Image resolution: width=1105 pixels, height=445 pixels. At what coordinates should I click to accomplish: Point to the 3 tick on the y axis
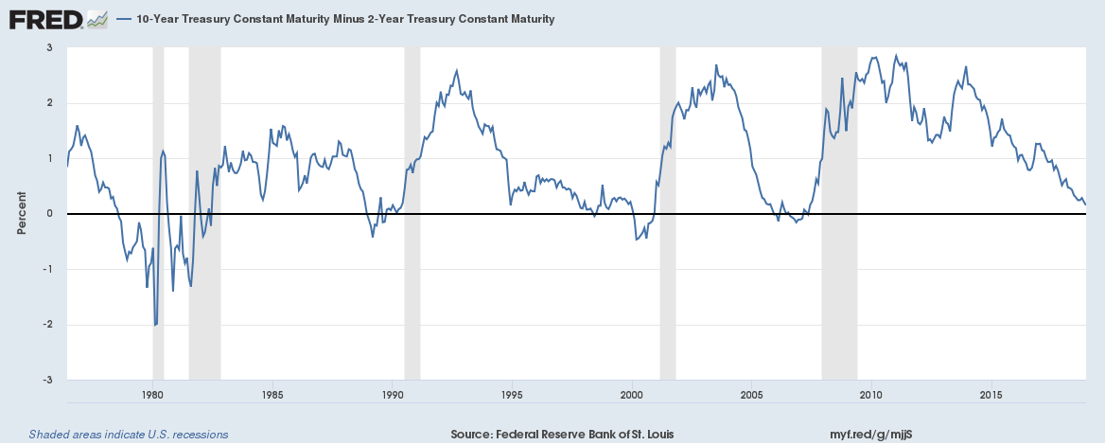[49, 47]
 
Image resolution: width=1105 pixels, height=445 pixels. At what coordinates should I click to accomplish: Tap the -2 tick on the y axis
[47, 325]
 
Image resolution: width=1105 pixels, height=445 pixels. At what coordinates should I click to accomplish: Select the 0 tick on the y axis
[49, 214]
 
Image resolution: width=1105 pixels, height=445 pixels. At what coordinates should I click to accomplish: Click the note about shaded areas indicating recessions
[129, 435]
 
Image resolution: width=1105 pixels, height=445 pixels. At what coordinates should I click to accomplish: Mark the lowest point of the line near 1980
[155, 325]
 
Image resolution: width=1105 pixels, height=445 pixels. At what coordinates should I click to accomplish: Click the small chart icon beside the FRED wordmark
[96, 19]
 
